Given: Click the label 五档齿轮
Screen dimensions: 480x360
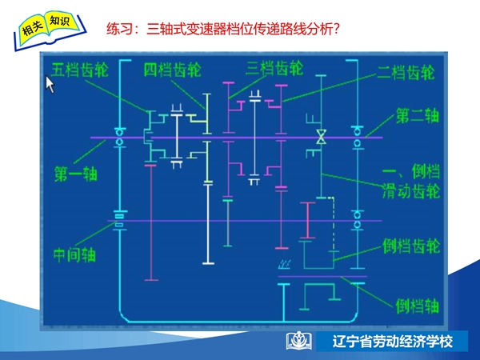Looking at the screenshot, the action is point(79,70).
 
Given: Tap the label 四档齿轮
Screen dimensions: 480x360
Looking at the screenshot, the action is point(172,70).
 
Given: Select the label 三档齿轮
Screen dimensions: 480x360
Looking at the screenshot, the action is point(274,68).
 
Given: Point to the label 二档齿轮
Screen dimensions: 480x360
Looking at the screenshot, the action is point(406,73).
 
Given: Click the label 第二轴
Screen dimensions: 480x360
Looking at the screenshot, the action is point(418,115).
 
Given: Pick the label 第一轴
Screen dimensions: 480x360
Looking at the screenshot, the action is point(76,174).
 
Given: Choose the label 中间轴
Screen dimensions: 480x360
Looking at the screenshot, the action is point(74,255).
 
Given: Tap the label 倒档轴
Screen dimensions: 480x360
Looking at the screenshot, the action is point(418,306).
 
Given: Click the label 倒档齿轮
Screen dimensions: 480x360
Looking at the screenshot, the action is point(412,246).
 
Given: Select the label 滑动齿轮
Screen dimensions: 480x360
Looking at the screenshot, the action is point(412,191).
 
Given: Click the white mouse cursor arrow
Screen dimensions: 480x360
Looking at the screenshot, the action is point(50,84).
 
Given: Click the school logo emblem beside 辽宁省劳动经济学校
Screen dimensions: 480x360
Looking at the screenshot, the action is point(298,341).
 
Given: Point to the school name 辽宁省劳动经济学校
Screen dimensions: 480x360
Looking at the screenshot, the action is point(393,342).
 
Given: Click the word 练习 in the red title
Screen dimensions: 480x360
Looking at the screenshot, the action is point(119,30).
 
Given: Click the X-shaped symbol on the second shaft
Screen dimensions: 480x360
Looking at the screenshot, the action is point(321,137).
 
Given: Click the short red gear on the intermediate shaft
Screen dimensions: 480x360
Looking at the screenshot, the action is point(308,220).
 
